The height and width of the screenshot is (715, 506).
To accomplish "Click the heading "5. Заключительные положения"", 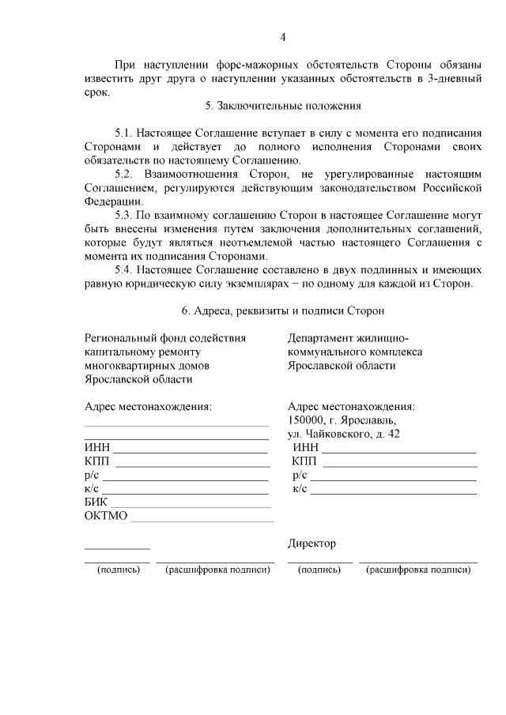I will (x=282, y=105).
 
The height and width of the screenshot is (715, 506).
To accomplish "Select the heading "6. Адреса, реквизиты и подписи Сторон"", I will (x=282, y=311).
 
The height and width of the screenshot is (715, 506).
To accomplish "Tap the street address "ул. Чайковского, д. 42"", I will (x=344, y=434).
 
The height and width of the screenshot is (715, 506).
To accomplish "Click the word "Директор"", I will (x=312, y=544).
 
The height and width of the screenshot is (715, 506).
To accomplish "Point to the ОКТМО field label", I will (x=105, y=517).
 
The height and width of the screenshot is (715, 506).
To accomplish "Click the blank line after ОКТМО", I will (x=202, y=518).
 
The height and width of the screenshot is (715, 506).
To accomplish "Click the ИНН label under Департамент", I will (x=304, y=448).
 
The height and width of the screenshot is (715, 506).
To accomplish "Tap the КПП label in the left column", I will (x=97, y=461).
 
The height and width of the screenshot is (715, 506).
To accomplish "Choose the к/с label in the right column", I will (x=300, y=489).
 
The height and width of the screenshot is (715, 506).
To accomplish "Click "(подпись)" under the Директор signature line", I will (x=320, y=570).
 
